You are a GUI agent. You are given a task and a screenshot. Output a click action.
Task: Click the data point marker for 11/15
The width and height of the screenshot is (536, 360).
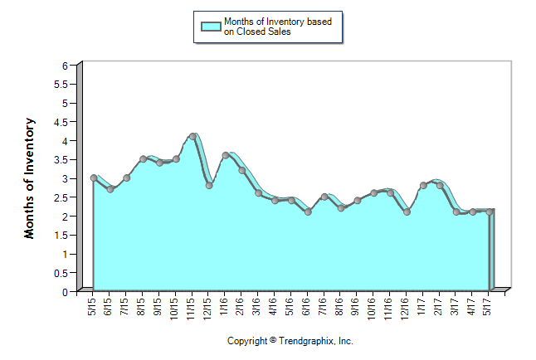click(192, 136)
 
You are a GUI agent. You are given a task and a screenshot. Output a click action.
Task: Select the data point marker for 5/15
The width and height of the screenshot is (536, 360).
click(94, 178)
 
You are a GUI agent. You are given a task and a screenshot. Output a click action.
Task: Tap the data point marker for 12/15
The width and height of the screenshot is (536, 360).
click(209, 186)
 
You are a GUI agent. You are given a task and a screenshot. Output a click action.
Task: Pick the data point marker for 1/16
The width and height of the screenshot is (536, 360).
click(226, 155)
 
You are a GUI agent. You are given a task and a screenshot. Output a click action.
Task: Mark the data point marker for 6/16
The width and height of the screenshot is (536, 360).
click(308, 212)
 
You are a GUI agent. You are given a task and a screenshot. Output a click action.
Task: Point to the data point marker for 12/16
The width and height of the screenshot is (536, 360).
click(407, 212)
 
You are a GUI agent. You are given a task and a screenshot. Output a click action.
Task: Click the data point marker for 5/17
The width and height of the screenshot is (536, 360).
click(490, 212)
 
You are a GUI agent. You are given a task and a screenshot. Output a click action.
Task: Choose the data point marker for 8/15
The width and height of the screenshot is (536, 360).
click(144, 158)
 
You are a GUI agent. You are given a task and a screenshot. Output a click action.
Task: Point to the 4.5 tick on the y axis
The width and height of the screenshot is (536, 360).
click(61, 122)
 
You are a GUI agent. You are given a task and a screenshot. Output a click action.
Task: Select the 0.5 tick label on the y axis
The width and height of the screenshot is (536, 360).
click(61, 273)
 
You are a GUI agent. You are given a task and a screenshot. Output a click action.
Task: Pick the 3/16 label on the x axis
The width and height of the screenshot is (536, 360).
click(258, 308)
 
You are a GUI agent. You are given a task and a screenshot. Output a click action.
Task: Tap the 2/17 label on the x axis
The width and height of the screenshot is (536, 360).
click(439, 308)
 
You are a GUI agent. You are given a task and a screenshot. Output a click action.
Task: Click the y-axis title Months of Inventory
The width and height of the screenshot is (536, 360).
click(30, 178)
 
